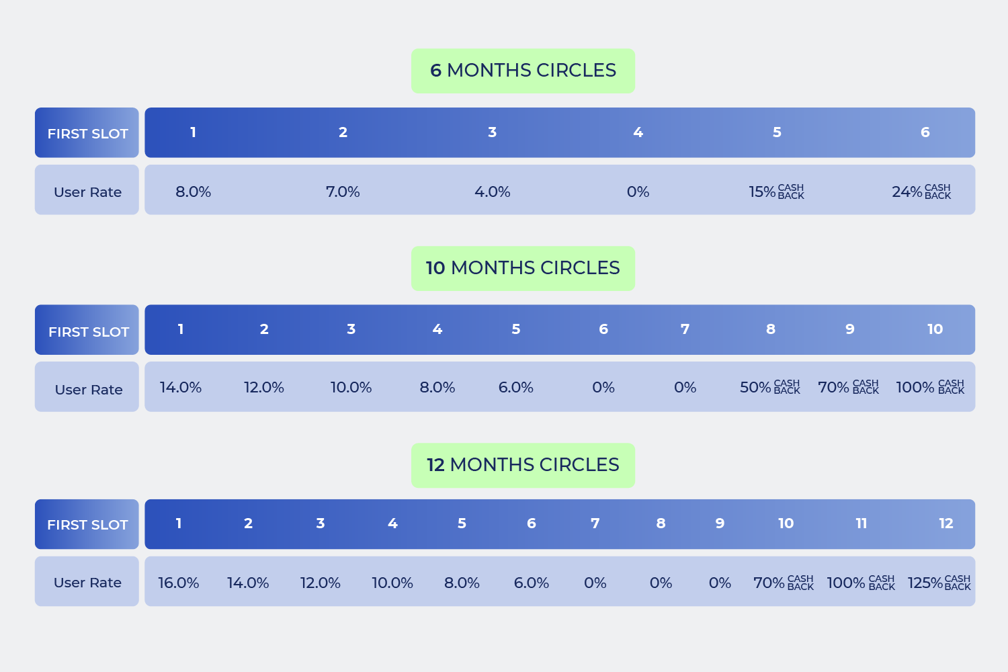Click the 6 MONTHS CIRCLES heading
[523, 71]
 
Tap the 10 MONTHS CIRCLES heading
[523, 268]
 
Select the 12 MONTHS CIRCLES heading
[523, 465]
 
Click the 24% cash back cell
[921, 192]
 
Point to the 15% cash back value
[776, 192]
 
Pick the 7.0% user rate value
[343, 192]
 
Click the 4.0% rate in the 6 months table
[492, 192]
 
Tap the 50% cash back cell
[769, 387]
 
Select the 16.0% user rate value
[178, 583]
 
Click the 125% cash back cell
[939, 583]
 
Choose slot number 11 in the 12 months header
[861, 523]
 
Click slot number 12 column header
[946, 523]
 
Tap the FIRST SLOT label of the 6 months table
[87, 133]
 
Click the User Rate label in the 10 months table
[88, 390]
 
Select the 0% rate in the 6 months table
[638, 192]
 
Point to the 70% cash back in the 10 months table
[848, 387]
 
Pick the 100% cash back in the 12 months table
[860, 583]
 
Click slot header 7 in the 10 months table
[685, 329]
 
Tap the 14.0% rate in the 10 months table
[180, 387]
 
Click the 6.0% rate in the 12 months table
[531, 583]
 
